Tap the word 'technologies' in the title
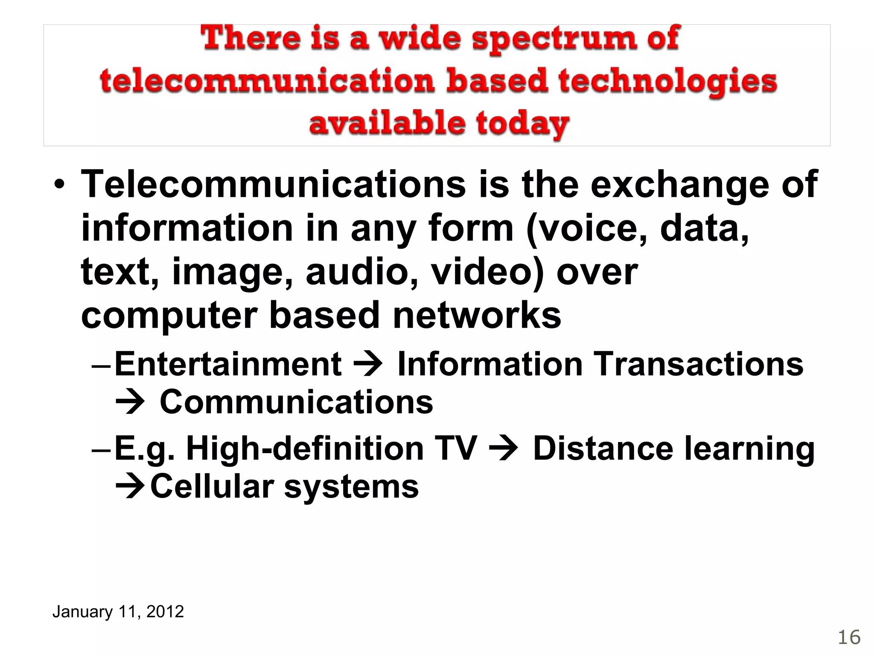[x=668, y=82]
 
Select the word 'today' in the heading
[x=522, y=124]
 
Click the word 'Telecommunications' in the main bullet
[x=273, y=184]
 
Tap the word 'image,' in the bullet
[x=232, y=272]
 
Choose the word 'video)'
[x=487, y=272]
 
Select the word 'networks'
[x=477, y=316]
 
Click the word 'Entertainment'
[x=228, y=364]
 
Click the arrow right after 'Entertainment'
[x=368, y=364]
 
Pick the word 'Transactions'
[x=699, y=364]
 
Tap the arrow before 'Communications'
[x=131, y=402]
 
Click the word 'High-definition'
[x=305, y=448]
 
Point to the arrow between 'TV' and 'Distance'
[x=504, y=448]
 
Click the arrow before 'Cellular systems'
[x=131, y=486]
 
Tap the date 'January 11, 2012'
[x=118, y=612]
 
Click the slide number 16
[x=849, y=638]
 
